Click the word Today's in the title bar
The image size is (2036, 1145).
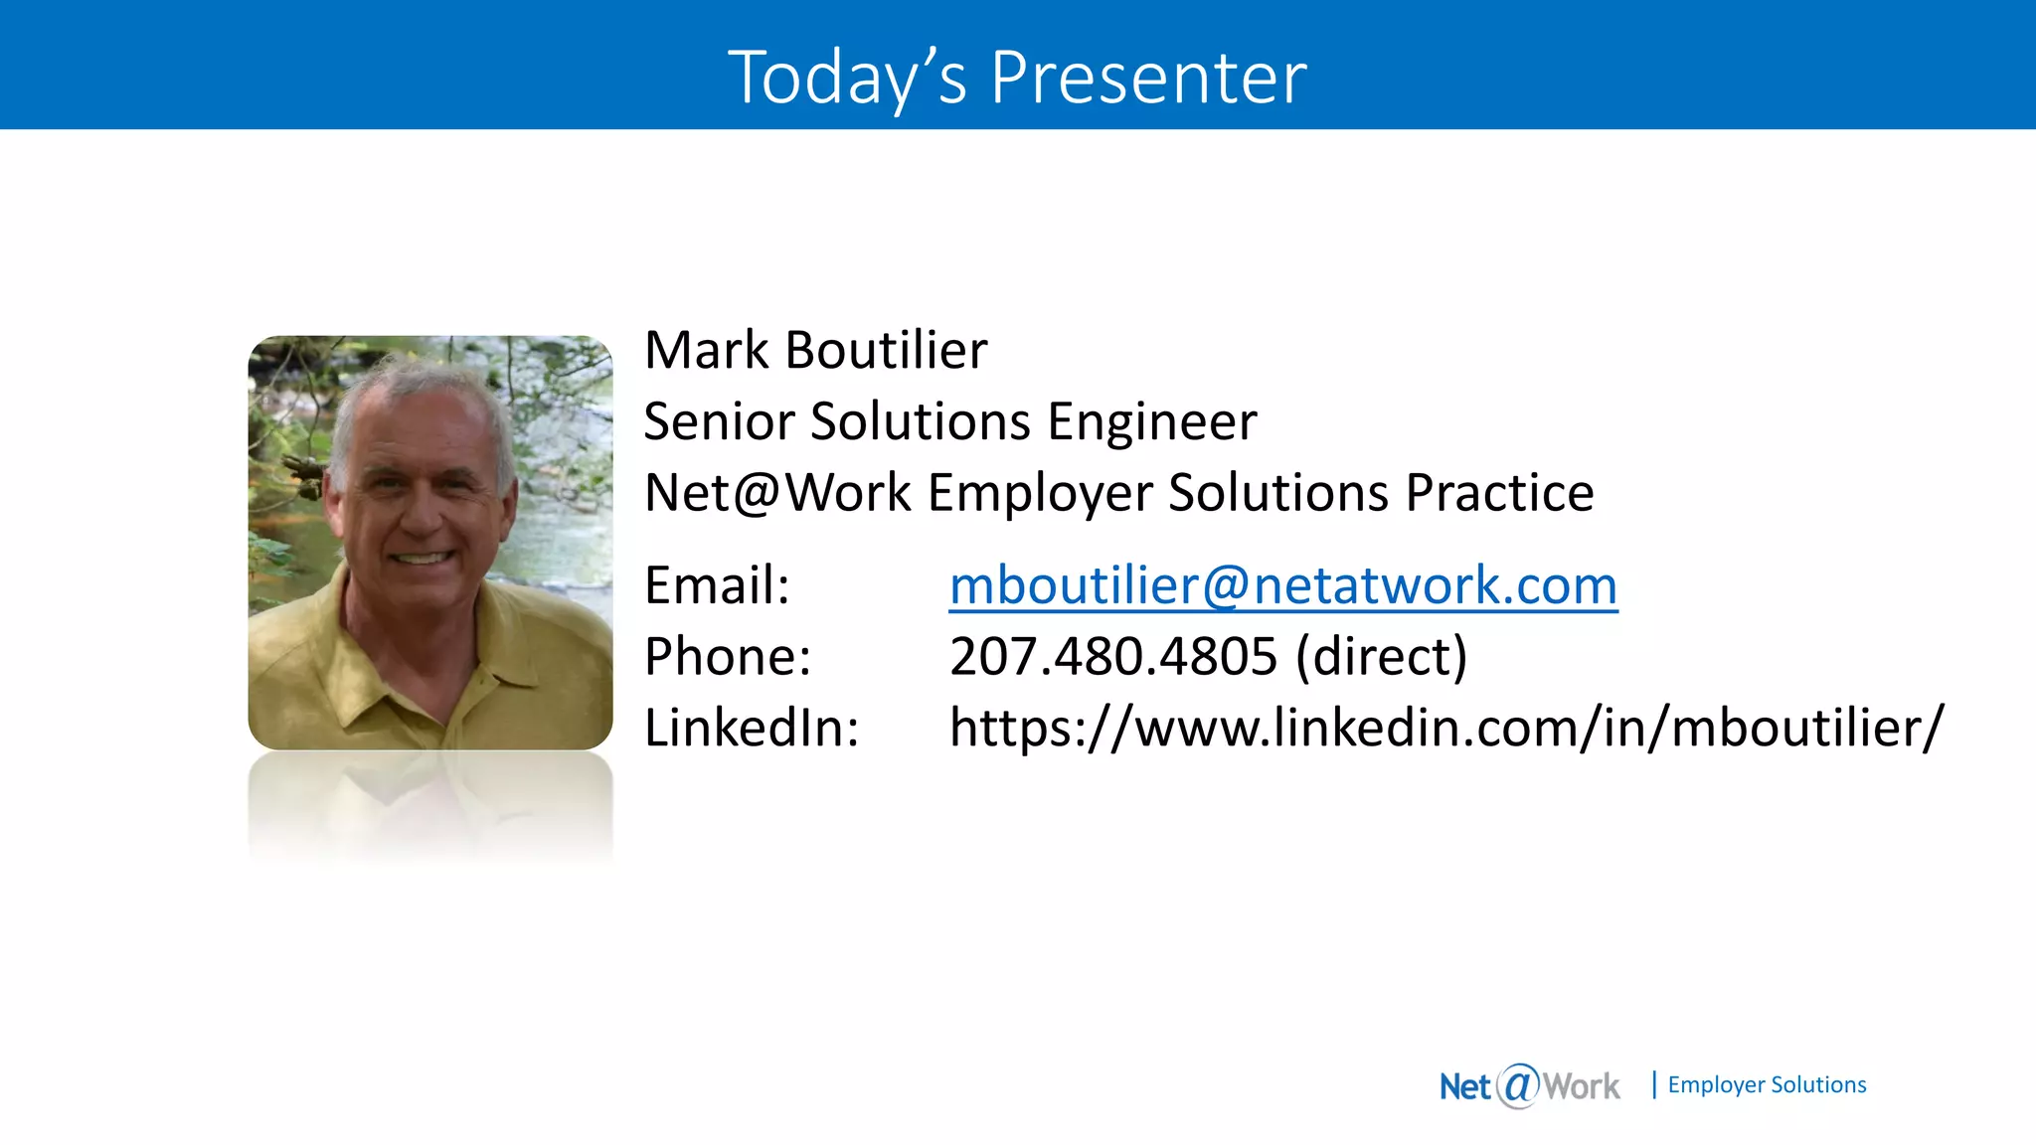tap(847, 78)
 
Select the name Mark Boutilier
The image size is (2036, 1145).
tap(815, 350)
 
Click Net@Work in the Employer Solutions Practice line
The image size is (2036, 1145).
tap(777, 493)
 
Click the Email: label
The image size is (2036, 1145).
tap(717, 584)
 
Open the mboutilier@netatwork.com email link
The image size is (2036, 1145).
tap(1282, 584)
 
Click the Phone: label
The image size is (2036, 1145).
tap(728, 656)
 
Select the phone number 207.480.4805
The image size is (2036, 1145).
tap(1112, 656)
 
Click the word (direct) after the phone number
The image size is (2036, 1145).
tap(1381, 656)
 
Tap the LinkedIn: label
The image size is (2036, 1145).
tap(752, 728)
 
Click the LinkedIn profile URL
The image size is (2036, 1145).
tap(1445, 728)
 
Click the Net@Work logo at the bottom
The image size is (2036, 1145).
tap(1529, 1085)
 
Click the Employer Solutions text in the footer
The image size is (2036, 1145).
tap(1767, 1084)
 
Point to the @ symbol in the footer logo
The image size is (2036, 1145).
tap(1518, 1084)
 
